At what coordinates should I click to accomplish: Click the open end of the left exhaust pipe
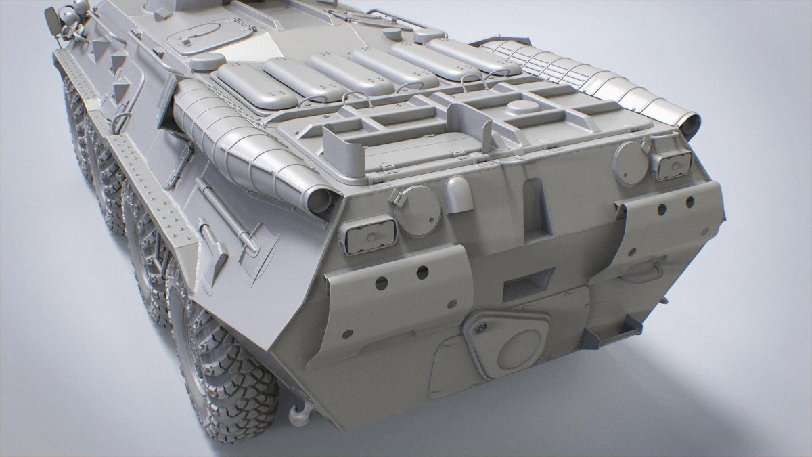coord(317,199)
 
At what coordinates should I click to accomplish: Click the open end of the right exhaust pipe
coord(690,127)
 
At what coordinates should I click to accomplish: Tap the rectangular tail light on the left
coord(367,234)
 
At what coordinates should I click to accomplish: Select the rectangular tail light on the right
coord(672,165)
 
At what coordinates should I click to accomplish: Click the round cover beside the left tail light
coord(418,211)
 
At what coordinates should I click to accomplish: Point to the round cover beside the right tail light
coord(631,163)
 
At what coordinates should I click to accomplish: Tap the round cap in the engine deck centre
coord(522,108)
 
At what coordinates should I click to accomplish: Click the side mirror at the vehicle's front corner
coord(52,21)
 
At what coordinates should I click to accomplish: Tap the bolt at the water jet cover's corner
coord(481,328)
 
